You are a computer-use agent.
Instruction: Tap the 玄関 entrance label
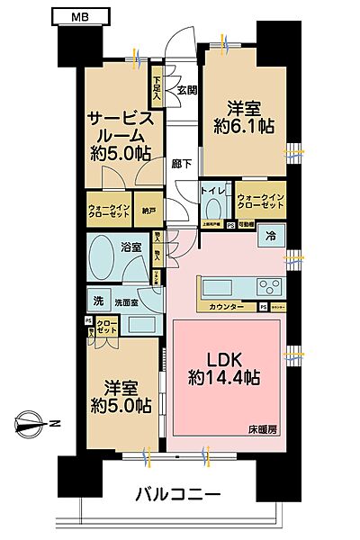[186, 90]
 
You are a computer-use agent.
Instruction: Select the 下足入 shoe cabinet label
[157, 87]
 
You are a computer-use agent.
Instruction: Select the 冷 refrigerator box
[271, 238]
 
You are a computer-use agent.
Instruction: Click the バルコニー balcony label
[177, 495]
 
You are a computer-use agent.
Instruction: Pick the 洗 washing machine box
[96, 299]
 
